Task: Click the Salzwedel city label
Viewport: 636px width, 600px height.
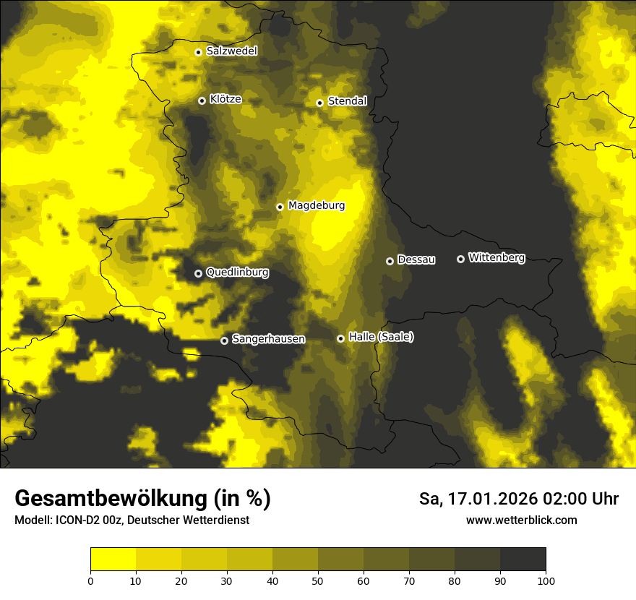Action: (231, 51)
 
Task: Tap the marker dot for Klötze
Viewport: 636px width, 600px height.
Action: (202, 100)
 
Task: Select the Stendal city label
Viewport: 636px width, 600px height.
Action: (347, 101)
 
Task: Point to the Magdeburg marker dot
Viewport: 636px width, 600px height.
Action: (280, 207)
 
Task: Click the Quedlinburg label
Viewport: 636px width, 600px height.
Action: (237, 273)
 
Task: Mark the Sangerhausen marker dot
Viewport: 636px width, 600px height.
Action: (225, 340)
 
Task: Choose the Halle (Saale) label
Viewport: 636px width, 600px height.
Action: (381, 337)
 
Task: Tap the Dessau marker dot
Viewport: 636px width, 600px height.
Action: (390, 261)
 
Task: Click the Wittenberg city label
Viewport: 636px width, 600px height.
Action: (497, 257)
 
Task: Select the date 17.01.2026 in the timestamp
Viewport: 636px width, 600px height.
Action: (492, 499)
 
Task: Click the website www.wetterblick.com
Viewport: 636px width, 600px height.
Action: (521, 520)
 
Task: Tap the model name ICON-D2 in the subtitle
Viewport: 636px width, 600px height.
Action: (77, 520)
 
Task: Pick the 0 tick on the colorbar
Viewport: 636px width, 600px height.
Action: (90, 580)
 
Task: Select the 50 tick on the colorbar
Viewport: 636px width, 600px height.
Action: (318, 580)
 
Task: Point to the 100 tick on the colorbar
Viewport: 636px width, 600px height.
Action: (546, 580)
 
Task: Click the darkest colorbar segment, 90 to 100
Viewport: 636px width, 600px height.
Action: (523, 559)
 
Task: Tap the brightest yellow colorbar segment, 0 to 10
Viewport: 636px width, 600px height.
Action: (113, 559)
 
